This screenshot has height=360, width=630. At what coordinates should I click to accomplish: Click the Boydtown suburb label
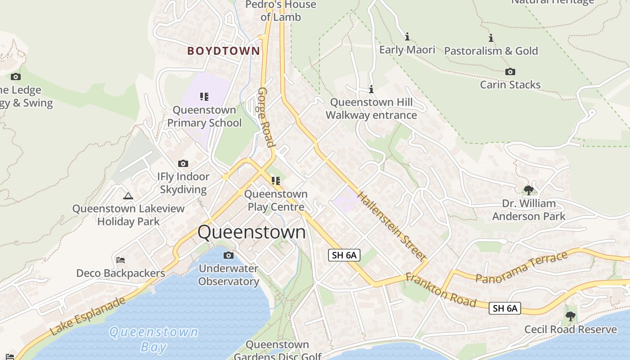[x=224, y=51]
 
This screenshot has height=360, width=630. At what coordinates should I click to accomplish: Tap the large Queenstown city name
[x=252, y=232]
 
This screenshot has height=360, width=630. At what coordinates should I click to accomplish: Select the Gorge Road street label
[x=265, y=117]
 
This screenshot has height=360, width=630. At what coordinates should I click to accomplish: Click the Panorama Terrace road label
[x=522, y=268]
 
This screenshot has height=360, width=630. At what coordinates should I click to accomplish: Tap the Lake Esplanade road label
[x=88, y=316]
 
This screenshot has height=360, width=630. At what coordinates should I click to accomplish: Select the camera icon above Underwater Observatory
[x=229, y=256]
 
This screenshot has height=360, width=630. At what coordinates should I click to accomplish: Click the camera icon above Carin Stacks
[x=510, y=72]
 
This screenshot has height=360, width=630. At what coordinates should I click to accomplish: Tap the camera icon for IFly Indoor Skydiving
[x=183, y=163]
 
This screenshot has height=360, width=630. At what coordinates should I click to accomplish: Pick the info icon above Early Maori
[x=407, y=36]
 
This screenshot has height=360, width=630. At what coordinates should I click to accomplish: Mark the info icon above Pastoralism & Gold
[x=491, y=38]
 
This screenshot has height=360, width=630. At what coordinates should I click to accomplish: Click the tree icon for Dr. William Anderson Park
[x=529, y=190]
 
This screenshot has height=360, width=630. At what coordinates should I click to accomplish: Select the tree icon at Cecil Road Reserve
[x=571, y=316]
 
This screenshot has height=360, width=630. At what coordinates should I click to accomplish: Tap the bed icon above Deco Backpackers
[x=120, y=260]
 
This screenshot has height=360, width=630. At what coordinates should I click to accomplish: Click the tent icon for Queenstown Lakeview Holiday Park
[x=128, y=196]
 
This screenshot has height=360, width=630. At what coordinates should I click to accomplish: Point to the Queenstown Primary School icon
[x=204, y=96]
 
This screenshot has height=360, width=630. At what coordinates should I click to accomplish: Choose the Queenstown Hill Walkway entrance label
[x=371, y=108]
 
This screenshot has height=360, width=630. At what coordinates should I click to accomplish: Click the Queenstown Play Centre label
[x=276, y=200]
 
